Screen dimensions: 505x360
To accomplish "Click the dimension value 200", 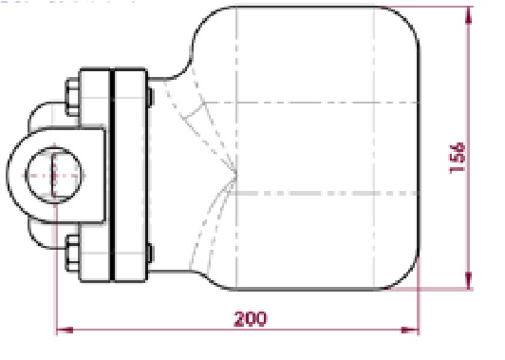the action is (251, 319).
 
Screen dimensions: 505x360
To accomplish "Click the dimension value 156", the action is (458, 159).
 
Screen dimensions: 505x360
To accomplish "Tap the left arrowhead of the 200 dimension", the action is (65, 330).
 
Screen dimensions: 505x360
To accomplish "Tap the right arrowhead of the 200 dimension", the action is (410, 330).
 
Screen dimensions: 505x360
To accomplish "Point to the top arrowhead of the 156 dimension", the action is (469, 15).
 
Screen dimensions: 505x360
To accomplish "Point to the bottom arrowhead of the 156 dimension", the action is (469, 280).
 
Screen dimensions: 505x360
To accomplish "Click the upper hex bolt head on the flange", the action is (73, 96).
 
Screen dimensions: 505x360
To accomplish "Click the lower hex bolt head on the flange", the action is (73, 254).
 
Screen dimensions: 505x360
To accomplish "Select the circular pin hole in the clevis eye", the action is (53, 176).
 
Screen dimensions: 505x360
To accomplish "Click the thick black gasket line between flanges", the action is (112, 176).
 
